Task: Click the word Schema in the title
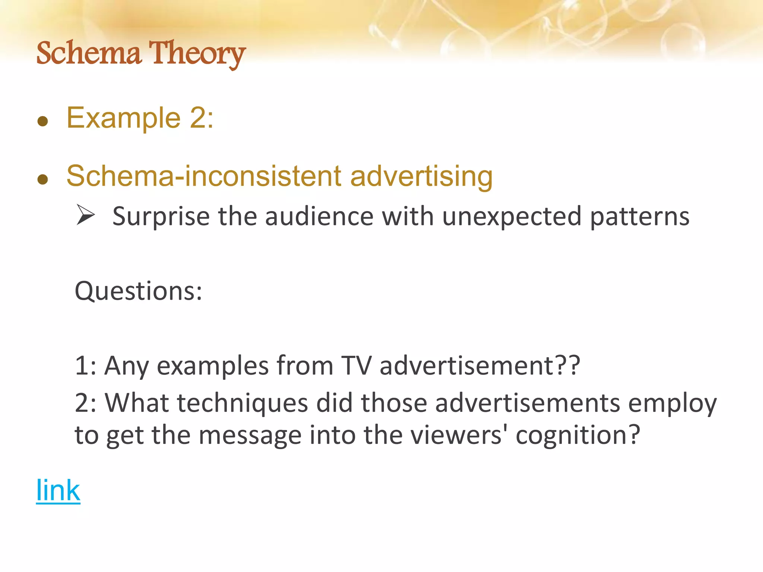click(x=89, y=53)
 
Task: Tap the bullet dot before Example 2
click(x=43, y=121)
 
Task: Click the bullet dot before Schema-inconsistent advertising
click(x=43, y=179)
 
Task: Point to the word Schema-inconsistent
click(x=204, y=176)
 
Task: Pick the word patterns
click(x=640, y=216)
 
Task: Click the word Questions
click(x=138, y=291)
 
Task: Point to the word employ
click(x=672, y=404)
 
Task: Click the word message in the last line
click(x=250, y=435)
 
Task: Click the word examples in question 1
click(x=213, y=366)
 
